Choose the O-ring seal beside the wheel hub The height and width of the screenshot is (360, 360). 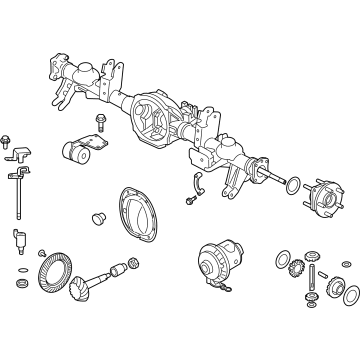point(291,187)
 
